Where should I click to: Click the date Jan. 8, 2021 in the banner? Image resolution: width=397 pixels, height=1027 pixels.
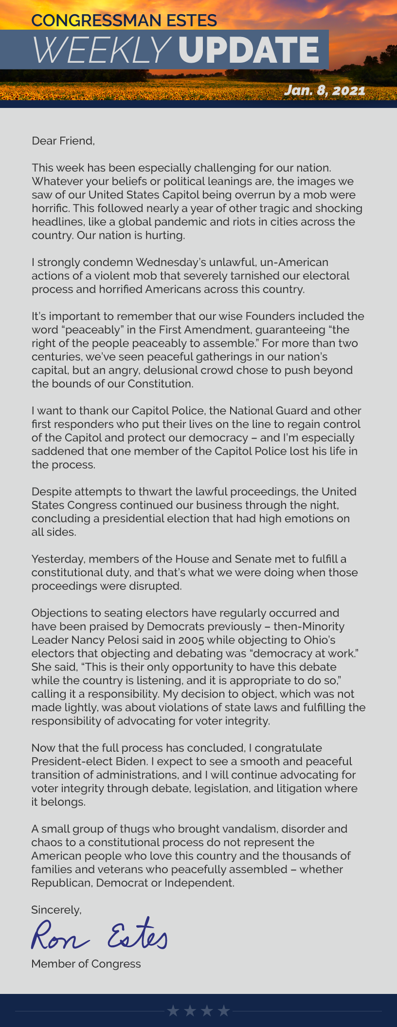325,90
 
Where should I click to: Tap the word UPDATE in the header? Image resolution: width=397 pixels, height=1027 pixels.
248,50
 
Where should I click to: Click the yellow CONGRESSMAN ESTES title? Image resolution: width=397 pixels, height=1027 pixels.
124,20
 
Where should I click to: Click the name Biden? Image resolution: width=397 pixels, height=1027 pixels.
130,761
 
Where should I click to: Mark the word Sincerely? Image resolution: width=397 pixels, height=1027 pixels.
56,910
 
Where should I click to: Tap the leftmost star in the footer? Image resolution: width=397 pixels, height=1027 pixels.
173,1011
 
